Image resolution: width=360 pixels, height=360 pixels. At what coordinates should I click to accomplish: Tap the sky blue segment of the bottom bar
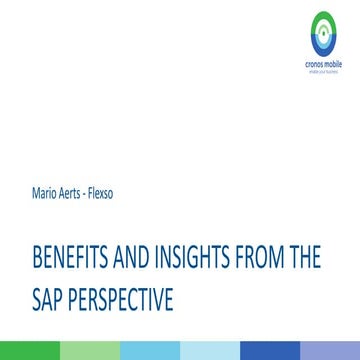point(150,351)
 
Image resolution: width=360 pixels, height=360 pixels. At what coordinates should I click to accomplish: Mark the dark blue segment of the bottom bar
point(270,351)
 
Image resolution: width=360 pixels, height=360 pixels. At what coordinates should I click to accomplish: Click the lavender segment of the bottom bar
point(330,351)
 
